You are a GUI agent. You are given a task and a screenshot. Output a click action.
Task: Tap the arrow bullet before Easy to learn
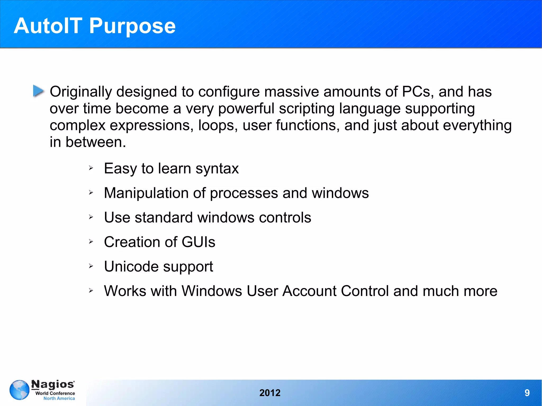click(x=91, y=168)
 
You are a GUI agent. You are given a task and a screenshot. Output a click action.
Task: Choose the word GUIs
click(x=198, y=242)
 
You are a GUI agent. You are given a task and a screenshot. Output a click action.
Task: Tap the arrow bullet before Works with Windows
click(x=91, y=291)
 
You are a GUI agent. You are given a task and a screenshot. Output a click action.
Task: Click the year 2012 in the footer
click(x=270, y=393)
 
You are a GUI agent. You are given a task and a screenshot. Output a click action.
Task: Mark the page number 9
click(x=527, y=393)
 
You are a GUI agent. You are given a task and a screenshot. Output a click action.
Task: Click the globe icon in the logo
click(x=19, y=390)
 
